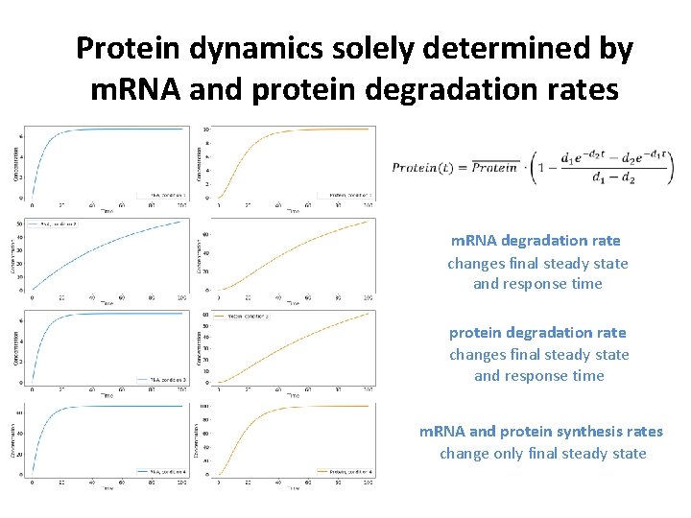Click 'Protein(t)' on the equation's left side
click(x=427, y=167)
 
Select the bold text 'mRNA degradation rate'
click(x=537, y=241)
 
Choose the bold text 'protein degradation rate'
click(x=537, y=333)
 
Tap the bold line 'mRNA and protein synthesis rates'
click(x=541, y=432)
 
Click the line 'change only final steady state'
click(x=543, y=453)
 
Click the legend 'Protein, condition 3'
click(x=244, y=316)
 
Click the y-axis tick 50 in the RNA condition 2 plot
click(x=20, y=223)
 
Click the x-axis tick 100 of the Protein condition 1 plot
click(x=368, y=205)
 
